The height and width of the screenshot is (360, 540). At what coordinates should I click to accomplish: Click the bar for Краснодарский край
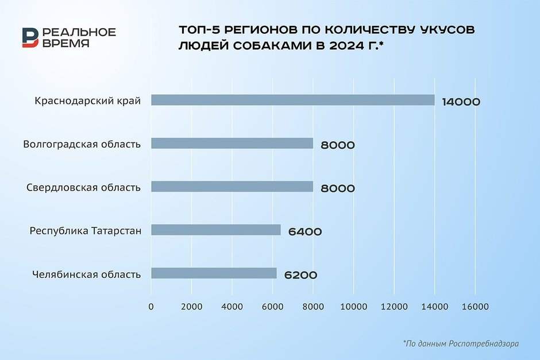click(x=293, y=100)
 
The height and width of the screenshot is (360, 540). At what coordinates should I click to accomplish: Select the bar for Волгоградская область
click(x=232, y=144)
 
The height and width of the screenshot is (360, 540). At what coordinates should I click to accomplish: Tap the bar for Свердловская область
click(x=232, y=187)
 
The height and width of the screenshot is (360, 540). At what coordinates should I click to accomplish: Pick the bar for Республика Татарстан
click(x=216, y=230)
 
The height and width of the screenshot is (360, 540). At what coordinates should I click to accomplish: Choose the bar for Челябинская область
click(x=214, y=273)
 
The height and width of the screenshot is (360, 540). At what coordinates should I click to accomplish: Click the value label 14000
click(x=461, y=102)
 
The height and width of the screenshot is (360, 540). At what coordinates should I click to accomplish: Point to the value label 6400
click(x=305, y=232)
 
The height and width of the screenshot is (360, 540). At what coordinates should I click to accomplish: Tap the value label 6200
click(x=300, y=275)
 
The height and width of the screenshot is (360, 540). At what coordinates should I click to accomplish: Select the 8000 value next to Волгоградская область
click(x=338, y=145)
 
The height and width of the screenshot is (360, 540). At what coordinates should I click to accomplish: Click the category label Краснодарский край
click(x=88, y=100)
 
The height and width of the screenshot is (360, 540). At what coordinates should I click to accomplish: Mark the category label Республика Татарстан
click(x=86, y=231)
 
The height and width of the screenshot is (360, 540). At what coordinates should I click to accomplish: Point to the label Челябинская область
click(x=87, y=274)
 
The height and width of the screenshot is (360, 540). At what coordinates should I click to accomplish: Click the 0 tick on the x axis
click(x=151, y=307)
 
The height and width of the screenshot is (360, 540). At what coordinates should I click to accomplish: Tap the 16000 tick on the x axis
click(x=475, y=307)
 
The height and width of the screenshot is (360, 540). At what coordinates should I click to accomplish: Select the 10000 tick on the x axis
click(x=353, y=307)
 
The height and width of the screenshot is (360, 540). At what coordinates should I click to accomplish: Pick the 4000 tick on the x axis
click(x=232, y=307)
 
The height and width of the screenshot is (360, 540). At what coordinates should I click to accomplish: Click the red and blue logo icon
click(x=30, y=37)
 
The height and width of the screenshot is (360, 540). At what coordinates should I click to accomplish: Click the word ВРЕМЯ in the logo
click(x=65, y=44)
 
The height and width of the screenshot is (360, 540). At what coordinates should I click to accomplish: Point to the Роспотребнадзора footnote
click(x=461, y=343)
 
